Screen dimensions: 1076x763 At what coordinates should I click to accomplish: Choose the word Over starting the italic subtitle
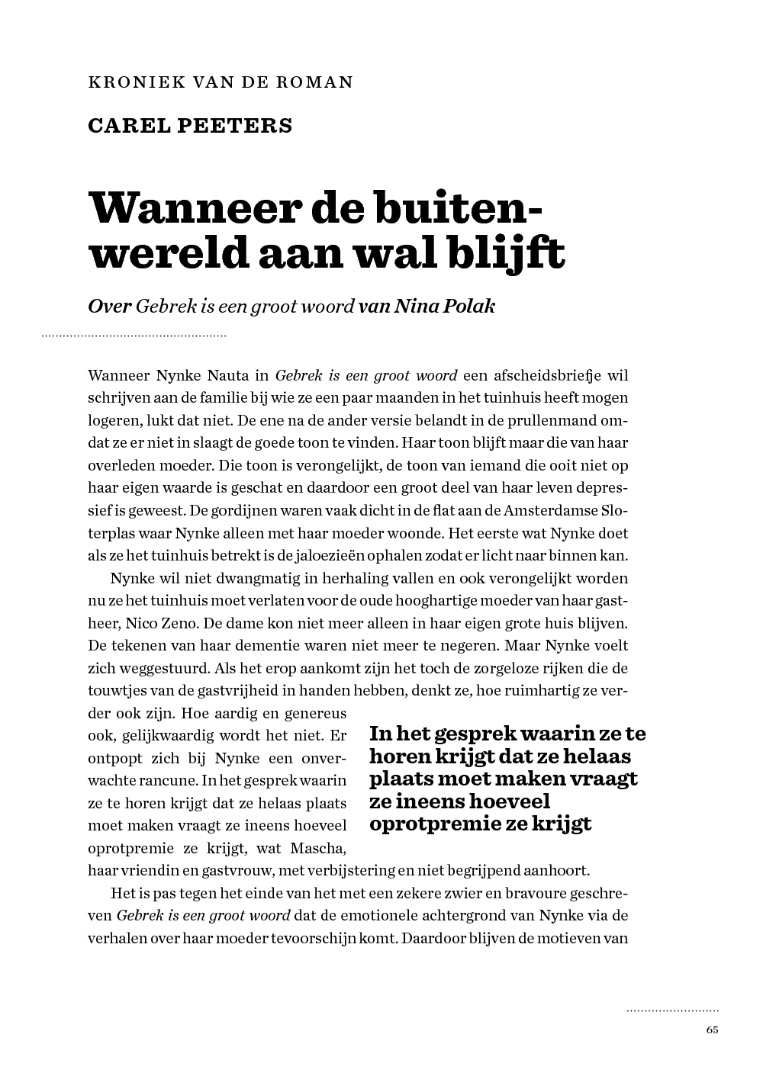(110, 307)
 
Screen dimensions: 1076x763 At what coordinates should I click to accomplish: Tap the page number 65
(712, 1029)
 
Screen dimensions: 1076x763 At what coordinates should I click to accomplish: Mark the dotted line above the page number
(672, 1011)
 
